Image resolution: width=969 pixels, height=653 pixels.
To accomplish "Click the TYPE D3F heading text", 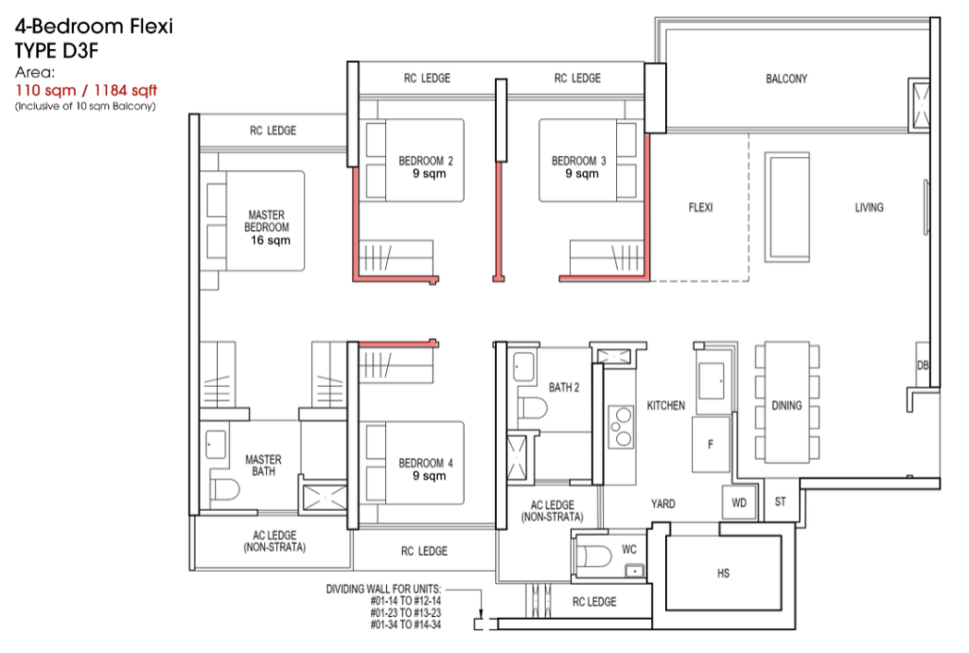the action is click(56, 50).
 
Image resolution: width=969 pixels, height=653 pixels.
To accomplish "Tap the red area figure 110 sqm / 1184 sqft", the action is click(86, 90).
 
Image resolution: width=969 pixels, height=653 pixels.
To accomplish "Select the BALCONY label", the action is click(786, 79).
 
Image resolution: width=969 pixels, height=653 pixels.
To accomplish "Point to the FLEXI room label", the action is click(700, 207).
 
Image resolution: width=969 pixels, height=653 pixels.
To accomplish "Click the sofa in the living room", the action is click(786, 207).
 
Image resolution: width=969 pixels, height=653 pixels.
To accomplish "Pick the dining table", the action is click(786, 402).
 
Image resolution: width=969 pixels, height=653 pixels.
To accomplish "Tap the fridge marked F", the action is click(711, 444).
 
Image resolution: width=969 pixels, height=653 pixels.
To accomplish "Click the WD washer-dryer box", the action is click(739, 503).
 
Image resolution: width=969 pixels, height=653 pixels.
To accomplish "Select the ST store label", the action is click(780, 502).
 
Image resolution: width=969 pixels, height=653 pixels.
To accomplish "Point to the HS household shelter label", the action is click(723, 574).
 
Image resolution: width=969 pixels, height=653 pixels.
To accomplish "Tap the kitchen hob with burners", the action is click(621, 426).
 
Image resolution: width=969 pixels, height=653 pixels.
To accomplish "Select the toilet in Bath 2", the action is click(533, 409).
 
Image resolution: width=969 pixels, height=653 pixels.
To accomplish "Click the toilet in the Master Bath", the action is click(224, 490).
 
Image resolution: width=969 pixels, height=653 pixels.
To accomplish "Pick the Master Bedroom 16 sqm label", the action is click(267, 227).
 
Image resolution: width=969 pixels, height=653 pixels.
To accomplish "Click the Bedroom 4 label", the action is click(426, 468).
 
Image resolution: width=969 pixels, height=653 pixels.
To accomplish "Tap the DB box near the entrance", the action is click(923, 365).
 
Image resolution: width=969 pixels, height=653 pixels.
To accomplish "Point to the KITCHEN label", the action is click(665, 405).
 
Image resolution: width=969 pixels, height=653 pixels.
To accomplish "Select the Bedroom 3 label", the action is click(579, 167).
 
